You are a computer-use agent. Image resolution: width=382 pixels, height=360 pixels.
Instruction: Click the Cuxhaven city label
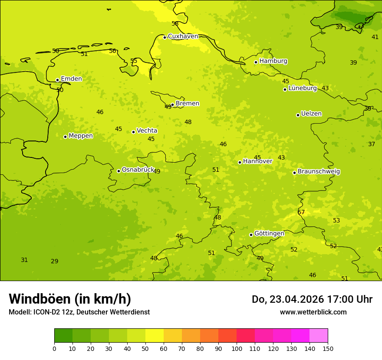183,36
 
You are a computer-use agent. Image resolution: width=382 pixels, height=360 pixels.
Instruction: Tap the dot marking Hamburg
256,62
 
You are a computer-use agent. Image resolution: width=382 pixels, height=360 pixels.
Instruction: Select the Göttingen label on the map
269,233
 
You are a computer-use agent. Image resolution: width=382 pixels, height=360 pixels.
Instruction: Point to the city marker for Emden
57,80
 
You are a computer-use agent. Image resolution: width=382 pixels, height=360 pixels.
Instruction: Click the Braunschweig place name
319,171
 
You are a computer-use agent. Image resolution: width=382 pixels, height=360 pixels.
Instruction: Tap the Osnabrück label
138,170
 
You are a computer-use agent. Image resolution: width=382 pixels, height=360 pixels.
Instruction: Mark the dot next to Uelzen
298,115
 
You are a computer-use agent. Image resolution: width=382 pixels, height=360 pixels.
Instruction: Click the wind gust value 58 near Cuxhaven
175,23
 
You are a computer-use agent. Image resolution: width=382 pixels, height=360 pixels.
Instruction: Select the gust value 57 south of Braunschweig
301,212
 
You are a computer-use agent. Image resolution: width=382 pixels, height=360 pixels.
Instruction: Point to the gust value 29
54,261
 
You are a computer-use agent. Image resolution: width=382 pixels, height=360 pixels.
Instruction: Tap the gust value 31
24,260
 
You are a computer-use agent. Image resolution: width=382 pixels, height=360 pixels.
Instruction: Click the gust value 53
336,220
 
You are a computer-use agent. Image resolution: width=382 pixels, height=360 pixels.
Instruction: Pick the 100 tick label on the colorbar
237,348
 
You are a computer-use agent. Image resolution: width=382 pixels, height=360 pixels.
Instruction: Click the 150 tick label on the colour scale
328,348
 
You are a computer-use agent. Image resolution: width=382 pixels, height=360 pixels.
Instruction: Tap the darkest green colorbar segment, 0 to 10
63,336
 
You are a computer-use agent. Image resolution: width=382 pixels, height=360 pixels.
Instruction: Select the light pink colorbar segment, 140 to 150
319,336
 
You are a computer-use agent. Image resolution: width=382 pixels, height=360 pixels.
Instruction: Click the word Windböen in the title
40,299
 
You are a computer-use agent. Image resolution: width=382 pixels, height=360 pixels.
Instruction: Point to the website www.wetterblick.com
313,312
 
